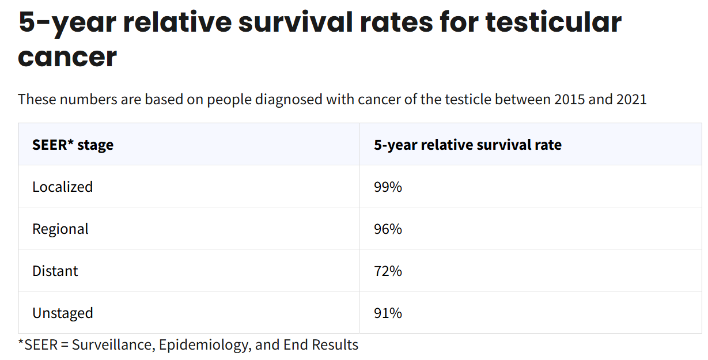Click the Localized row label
click(x=62, y=187)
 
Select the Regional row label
click(x=60, y=229)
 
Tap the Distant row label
click(x=55, y=271)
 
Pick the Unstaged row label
click(x=63, y=313)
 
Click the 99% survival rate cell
click(x=388, y=187)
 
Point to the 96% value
click(x=388, y=229)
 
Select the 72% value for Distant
click(x=388, y=271)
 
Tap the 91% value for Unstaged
click(x=388, y=313)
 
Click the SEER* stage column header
click(x=73, y=145)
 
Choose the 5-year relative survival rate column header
click(x=468, y=145)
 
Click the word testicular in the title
click(x=554, y=22)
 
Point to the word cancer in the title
click(x=67, y=57)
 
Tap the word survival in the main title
click(x=295, y=22)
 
